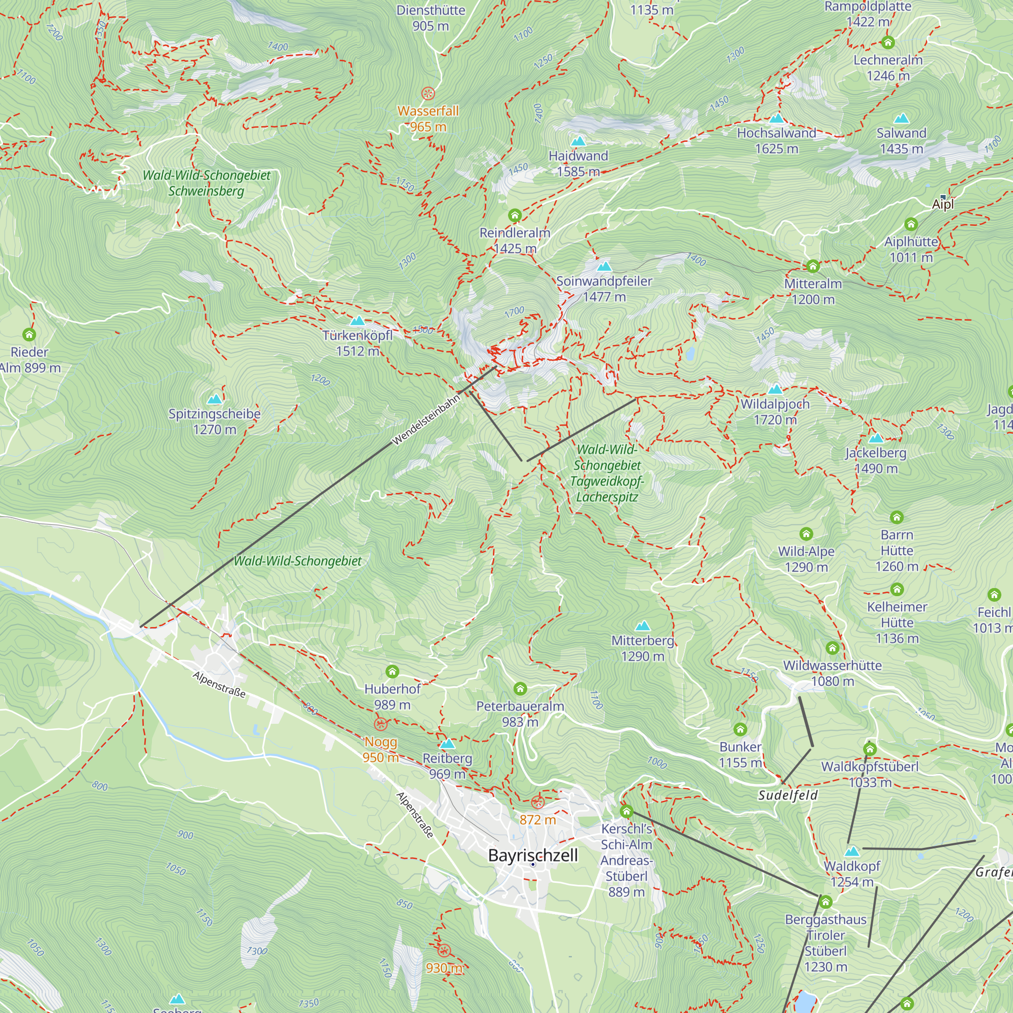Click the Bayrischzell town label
point(533,855)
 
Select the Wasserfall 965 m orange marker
point(428,94)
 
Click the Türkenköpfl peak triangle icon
point(357,321)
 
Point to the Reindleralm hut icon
point(515,215)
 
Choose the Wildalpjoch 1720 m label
point(775,412)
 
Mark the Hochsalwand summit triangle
point(776,118)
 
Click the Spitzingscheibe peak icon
point(214,399)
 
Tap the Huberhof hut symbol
point(392,672)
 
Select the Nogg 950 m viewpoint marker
point(381,724)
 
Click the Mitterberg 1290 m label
point(642,648)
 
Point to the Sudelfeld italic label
point(788,795)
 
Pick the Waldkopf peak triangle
point(852,851)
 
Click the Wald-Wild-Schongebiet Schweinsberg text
point(207,182)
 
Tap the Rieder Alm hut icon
point(29,334)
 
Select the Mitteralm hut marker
point(813,266)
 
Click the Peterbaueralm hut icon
point(520,688)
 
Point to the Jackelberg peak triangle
point(876,438)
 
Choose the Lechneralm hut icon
point(888,43)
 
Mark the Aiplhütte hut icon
point(911,224)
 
